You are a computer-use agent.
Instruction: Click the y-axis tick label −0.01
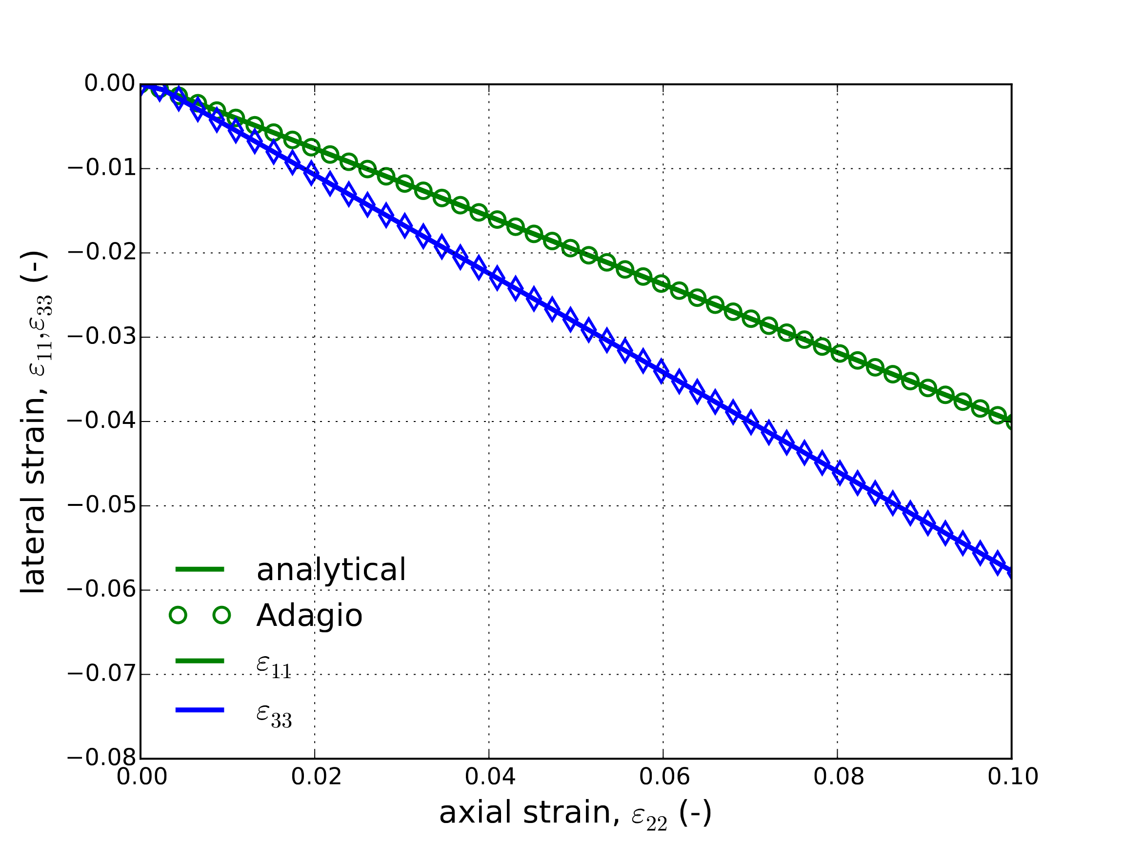(102, 168)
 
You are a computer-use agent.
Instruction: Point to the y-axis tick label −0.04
(102, 421)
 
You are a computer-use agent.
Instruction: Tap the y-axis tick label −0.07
(102, 674)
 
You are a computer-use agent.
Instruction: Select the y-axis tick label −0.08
(102, 758)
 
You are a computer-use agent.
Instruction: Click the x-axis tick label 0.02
(315, 778)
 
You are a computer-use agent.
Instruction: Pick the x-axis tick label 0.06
(663, 778)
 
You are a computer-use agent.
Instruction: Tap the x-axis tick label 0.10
(1012, 778)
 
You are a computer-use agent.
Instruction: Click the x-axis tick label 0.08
(838, 778)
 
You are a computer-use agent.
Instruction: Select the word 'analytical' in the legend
(331, 570)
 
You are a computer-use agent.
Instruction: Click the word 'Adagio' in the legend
(309, 615)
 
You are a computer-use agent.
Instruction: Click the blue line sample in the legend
(200, 710)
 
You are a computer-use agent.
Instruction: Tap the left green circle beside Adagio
(178, 615)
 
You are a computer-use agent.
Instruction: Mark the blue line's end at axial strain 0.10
(1011, 573)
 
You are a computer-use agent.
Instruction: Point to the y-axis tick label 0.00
(110, 83)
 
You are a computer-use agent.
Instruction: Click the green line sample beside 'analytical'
(200, 569)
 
